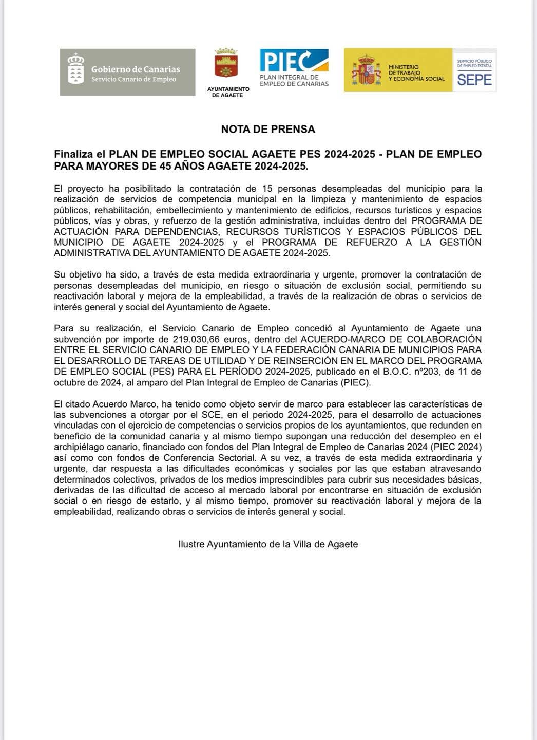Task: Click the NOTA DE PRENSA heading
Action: click(x=268, y=129)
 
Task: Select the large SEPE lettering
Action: click(x=474, y=80)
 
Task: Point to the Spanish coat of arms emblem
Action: click(x=366, y=70)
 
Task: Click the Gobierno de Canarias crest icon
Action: click(x=76, y=68)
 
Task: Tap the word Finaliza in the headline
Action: click(x=73, y=154)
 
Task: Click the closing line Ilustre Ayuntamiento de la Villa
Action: click(x=268, y=544)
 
